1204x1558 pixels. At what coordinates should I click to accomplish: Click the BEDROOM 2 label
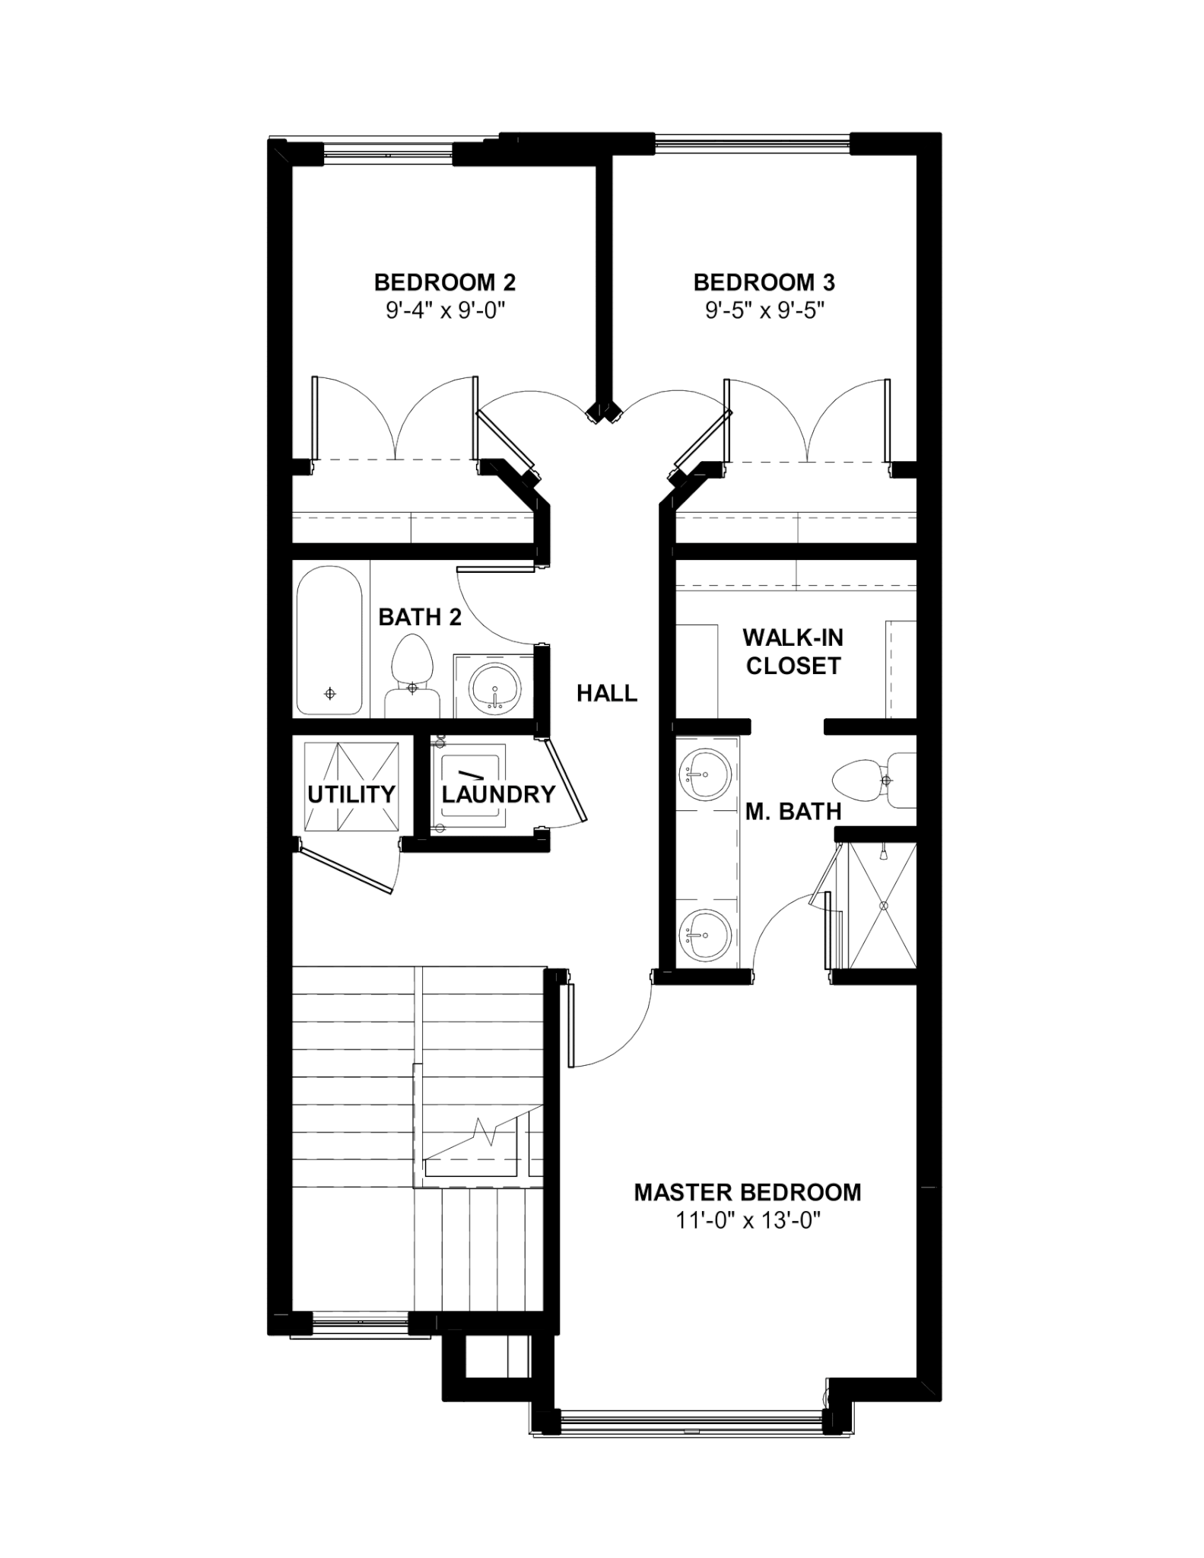point(445,283)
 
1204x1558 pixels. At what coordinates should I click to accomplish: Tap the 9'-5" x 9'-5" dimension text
point(764,310)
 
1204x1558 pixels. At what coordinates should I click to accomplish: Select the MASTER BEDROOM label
point(748,1192)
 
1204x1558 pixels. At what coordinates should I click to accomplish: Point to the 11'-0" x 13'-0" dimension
point(748,1220)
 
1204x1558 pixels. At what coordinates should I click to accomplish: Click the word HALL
point(607,693)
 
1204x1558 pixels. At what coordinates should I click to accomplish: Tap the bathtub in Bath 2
point(329,641)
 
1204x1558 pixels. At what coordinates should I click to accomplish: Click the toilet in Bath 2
point(412,677)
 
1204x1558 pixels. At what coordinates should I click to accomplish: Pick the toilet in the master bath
point(875,781)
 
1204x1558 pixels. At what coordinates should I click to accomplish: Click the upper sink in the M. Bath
point(705,774)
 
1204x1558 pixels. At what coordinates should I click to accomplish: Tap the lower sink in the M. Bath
point(705,935)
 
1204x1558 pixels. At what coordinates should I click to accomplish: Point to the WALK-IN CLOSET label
point(793,651)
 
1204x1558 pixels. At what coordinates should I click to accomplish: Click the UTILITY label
point(351,794)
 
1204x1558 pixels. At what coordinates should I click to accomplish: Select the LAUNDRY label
point(499,794)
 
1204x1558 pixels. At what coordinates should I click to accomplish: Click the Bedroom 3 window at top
point(752,145)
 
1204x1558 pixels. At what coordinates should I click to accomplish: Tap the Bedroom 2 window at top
point(388,154)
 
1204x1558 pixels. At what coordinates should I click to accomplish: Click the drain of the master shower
point(884,905)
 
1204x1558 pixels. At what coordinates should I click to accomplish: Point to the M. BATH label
point(793,812)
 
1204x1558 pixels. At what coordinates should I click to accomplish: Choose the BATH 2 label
point(420,617)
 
